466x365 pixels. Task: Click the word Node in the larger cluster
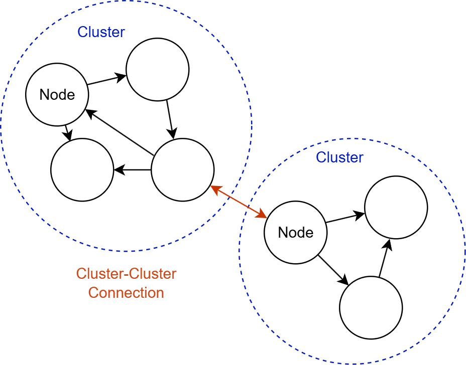coord(57,95)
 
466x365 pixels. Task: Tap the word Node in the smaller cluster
coord(296,233)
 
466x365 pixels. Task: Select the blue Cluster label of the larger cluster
coord(101,32)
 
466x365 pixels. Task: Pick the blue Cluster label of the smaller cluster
coord(339,157)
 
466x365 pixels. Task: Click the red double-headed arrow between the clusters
coord(239,202)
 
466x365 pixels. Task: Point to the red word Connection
coord(126,293)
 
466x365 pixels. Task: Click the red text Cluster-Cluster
coord(126,274)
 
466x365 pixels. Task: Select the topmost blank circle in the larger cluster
coord(158,70)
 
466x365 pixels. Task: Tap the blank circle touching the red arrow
coord(183,170)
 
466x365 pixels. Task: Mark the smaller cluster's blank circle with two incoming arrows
coord(396,208)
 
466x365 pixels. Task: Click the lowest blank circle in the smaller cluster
coord(371,308)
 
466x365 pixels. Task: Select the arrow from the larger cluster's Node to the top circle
coord(106,80)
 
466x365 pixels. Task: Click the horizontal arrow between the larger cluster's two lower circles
coord(133,170)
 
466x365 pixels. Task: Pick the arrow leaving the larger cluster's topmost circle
coord(170,119)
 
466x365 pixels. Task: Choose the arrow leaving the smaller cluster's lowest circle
coord(384,258)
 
